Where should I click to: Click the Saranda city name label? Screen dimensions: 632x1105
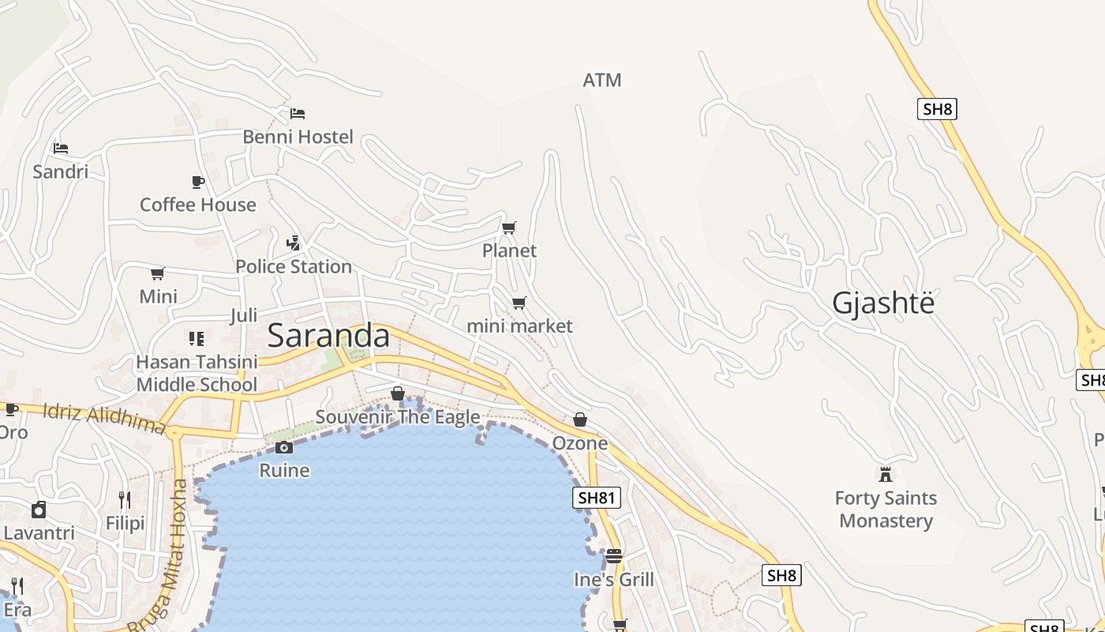click(328, 336)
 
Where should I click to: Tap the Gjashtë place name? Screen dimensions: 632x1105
click(883, 303)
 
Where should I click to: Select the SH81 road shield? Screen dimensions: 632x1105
click(596, 498)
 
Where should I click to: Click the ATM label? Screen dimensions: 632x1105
click(602, 80)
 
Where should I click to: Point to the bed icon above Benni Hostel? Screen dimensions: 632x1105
click(298, 114)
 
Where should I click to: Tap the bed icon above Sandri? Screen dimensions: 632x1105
click(61, 148)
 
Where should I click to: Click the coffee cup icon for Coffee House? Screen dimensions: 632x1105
click(198, 182)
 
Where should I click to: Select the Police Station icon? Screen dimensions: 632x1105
click(294, 243)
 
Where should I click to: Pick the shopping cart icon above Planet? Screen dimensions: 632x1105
click(509, 228)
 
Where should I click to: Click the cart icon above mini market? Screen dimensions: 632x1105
click(519, 303)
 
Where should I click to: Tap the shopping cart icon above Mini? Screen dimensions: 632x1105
click(158, 274)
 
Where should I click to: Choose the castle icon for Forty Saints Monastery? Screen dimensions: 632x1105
click(886, 475)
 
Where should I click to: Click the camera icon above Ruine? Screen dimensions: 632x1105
click(284, 448)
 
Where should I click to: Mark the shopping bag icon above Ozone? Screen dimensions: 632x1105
click(580, 419)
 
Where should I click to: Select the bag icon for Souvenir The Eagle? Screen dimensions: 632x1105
click(398, 393)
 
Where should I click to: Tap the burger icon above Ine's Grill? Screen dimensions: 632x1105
click(614, 556)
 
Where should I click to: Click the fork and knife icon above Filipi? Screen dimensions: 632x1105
click(125, 499)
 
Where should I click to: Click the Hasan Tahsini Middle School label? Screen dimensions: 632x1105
click(197, 373)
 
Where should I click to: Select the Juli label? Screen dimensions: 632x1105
click(244, 316)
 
